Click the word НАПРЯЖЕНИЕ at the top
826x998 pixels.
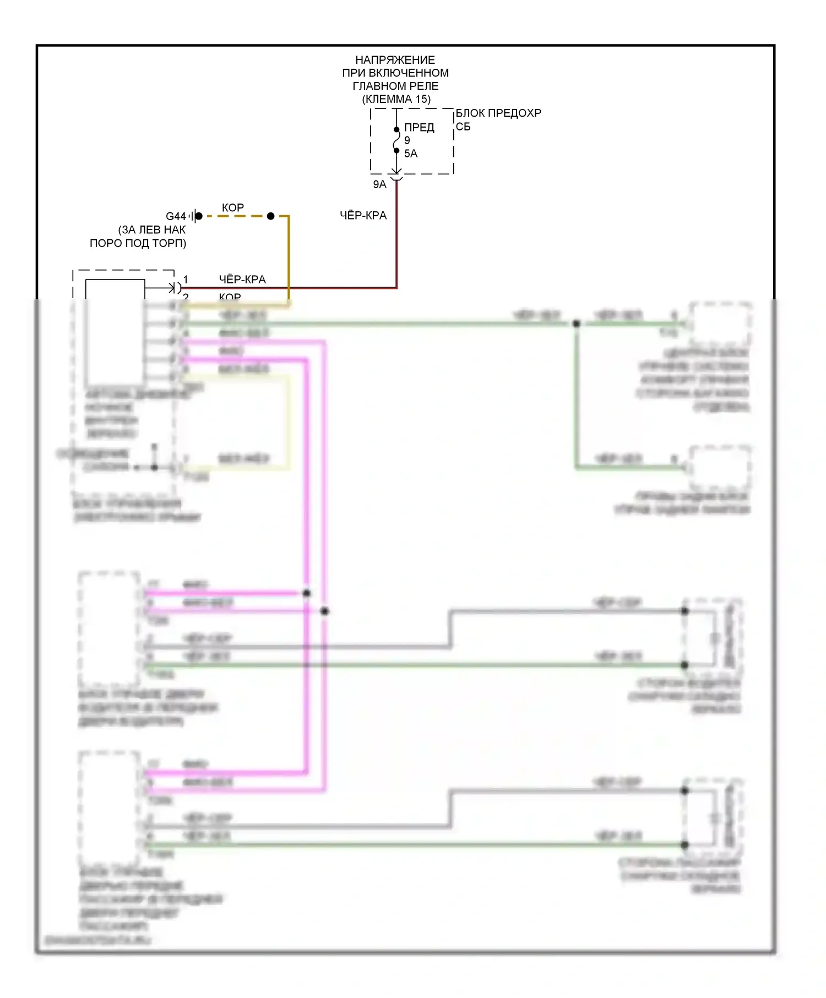point(395,60)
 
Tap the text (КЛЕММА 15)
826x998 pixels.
point(396,100)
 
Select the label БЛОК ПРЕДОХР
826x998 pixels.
point(498,113)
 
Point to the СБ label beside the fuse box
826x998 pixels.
point(463,127)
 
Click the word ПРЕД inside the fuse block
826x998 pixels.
point(419,128)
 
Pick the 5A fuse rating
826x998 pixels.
point(411,154)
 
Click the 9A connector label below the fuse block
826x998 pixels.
point(379,185)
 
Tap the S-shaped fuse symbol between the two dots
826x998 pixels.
point(396,140)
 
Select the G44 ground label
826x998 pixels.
point(176,217)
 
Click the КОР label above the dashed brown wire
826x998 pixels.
point(233,208)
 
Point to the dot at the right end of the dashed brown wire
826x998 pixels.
point(270,216)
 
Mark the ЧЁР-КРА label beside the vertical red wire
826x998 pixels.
point(363,216)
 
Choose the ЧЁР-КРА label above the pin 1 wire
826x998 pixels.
point(242,279)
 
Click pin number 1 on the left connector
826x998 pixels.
point(186,279)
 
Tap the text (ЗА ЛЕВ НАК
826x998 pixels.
point(152,230)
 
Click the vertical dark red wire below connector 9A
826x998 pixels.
point(396,237)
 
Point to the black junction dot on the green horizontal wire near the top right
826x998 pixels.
point(577,323)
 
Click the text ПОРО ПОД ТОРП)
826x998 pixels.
point(138,243)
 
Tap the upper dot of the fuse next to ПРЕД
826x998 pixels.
point(396,130)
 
